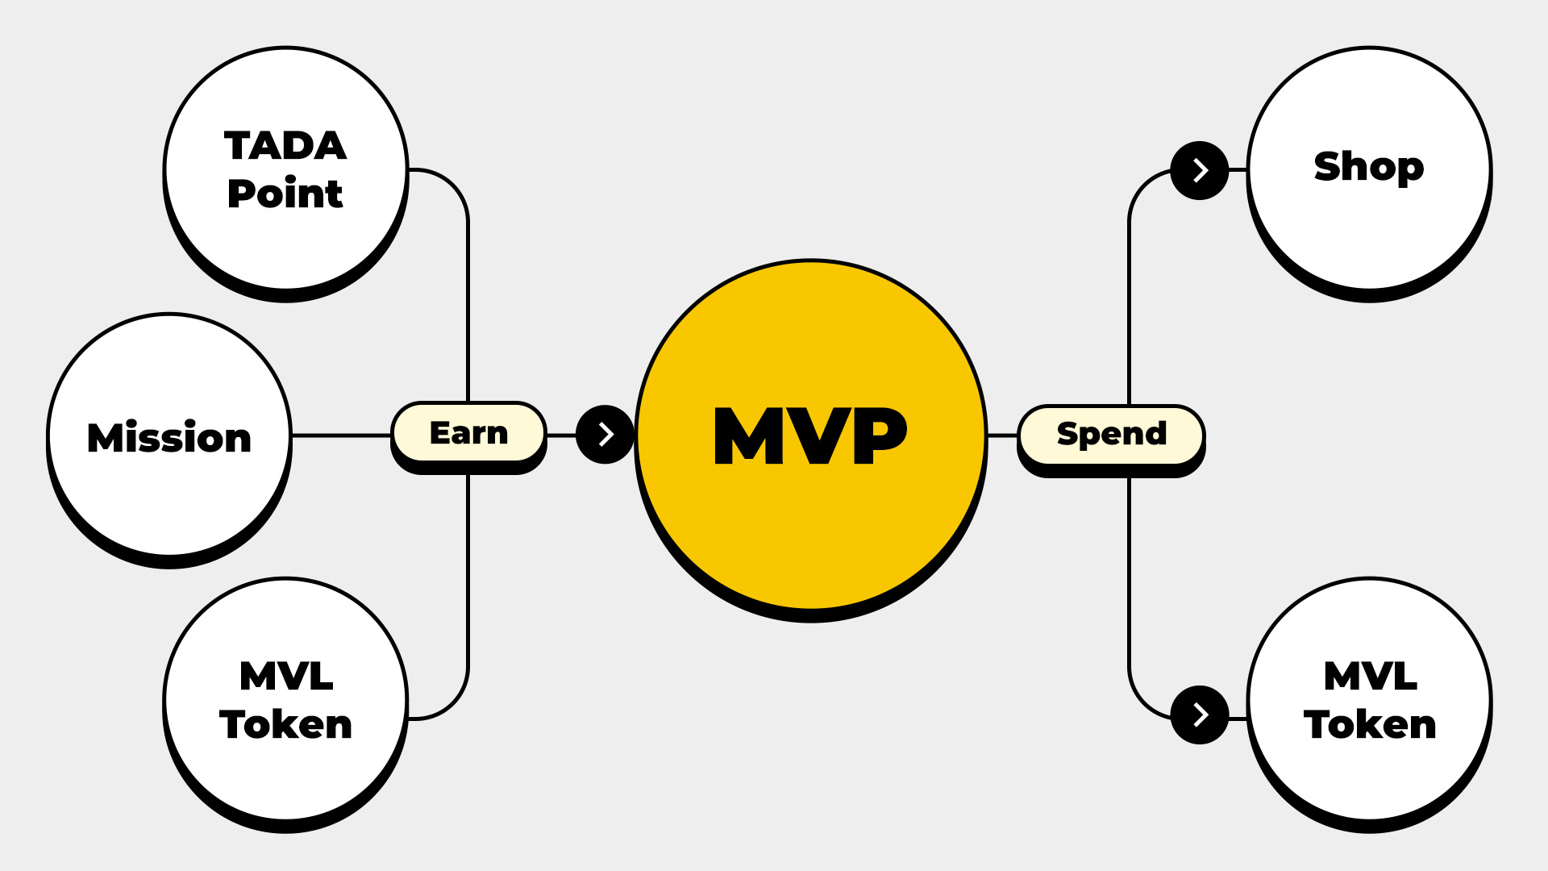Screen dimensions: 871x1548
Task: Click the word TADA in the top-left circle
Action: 285,146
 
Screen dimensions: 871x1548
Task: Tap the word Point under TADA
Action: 285,194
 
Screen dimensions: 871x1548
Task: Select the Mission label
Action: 169,437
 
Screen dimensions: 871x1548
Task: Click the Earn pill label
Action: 468,433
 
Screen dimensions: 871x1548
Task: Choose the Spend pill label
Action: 1112,433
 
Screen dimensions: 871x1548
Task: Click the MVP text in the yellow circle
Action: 810,435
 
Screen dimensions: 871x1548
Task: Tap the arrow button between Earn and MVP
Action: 605,435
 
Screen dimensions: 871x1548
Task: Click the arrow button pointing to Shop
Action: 1200,170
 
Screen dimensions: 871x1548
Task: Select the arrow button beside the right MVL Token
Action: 1200,715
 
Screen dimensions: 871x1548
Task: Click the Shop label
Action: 1369,166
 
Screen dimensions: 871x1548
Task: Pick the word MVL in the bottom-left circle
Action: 286,676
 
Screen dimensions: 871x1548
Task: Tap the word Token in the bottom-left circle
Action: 286,724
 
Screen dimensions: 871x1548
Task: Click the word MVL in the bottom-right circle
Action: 1371,676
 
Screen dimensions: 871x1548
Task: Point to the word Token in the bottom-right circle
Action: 1371,724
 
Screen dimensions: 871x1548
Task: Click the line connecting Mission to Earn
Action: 343,435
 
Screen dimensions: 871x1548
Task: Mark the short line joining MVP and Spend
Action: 1002,435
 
